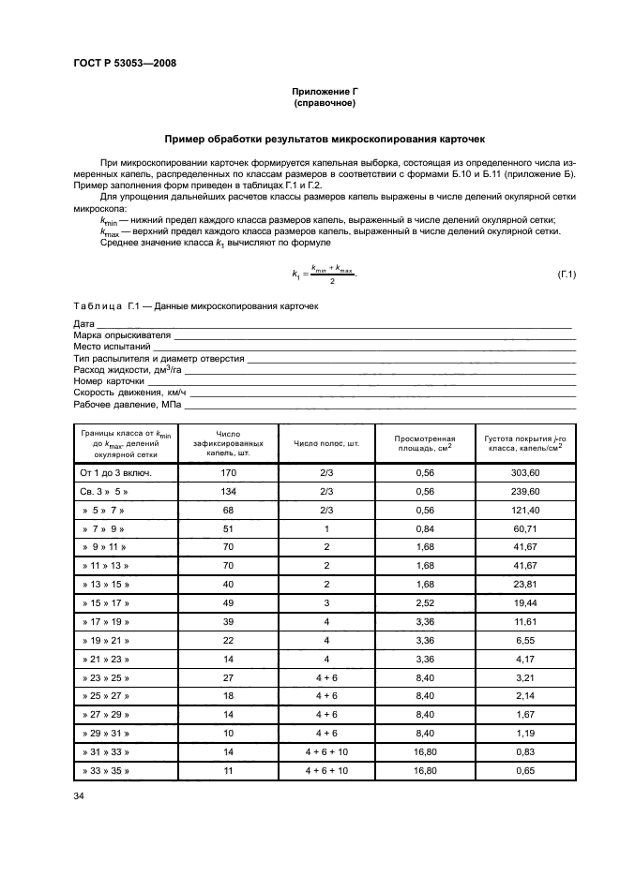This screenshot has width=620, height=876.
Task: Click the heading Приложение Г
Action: tap(325, 92)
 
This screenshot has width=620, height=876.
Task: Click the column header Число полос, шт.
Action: tap(327, 443)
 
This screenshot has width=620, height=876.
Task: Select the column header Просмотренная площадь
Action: tap(424, 443)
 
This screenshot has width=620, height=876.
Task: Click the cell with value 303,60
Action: tap(524, 473)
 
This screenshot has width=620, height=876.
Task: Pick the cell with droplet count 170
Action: tap(228, 473)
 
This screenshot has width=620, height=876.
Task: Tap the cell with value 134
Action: tap(228, 491)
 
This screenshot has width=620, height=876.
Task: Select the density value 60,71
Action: tap(524, 528)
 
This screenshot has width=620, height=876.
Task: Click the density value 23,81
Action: tap(524, 585)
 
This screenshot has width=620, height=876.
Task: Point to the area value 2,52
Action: tap(424, 603)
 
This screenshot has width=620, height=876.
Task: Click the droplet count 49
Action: tap(228, 603)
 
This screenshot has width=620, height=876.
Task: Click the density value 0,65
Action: tap(524, 771)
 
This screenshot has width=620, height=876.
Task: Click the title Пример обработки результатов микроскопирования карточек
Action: tap(325, 139)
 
